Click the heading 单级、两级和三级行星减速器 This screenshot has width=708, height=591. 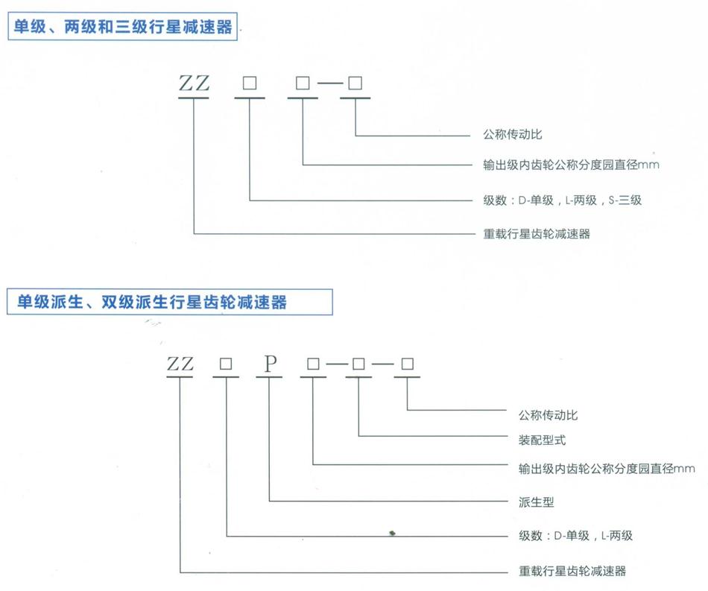pyautogui.click(x=121, y=29)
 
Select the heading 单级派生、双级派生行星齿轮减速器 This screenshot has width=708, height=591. pyautogui.click(x=151, y=302)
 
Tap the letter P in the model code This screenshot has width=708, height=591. pyautogui.click(x=271, y=364)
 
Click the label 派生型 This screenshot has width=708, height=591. pyautogui.click(x=537, y=502)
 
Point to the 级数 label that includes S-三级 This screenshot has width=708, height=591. pyautogui.click(x=562, y=200)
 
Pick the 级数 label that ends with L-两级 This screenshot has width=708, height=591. pyautogui.click(x=575, y=536)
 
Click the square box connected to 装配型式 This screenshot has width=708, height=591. pyautogui.click(x=359, y=364)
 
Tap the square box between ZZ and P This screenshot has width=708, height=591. pyautogui.click(x=226, y=364)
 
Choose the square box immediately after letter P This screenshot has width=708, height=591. pyautogui.click(x=314, y=364)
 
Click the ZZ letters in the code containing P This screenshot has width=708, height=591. pyautogui.click(x=180, y=364)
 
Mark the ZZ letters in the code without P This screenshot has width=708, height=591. pyautogui.click(x=194, y=83)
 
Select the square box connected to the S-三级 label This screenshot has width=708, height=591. pyautogui.click(x=250, y=83)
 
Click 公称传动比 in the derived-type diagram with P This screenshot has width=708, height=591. pyautogui.click(x=548, y=414)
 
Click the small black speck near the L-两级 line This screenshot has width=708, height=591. pyautogui.click(x=393, y=532)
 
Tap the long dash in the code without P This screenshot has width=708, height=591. pyautogui.click(x=329, y=84)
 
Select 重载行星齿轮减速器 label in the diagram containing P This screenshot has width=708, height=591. pyautogui.click(x=572, y=572)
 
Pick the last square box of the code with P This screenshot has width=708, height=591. pyautogui.click(x=408, y=364)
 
